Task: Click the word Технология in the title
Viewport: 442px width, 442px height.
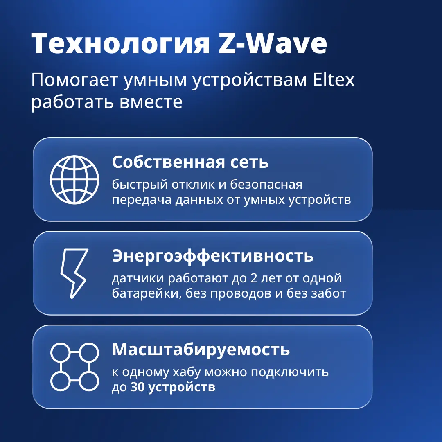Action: pos(121,43)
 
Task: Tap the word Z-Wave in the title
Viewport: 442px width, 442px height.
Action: pos(273,43)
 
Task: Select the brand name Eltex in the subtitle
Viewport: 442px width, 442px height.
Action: pos(334,80)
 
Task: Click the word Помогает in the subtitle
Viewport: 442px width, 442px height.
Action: pos(74,80)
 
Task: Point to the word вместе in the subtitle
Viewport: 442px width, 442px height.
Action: pos(151,102)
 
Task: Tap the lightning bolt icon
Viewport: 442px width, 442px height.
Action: pos(74,273)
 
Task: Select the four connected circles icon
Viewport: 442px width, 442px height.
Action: pos(74,367)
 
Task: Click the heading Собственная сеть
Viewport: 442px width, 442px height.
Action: pos(190,162)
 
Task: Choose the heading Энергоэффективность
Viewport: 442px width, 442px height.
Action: pos(212,256)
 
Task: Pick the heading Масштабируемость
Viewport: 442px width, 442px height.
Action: pos(201,350)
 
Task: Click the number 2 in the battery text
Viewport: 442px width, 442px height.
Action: pos(254,278)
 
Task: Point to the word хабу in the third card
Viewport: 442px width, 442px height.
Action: pos(186,372)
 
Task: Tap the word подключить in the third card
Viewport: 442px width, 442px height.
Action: pos(290,372)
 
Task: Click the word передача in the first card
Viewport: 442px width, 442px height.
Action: pos(142,200)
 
